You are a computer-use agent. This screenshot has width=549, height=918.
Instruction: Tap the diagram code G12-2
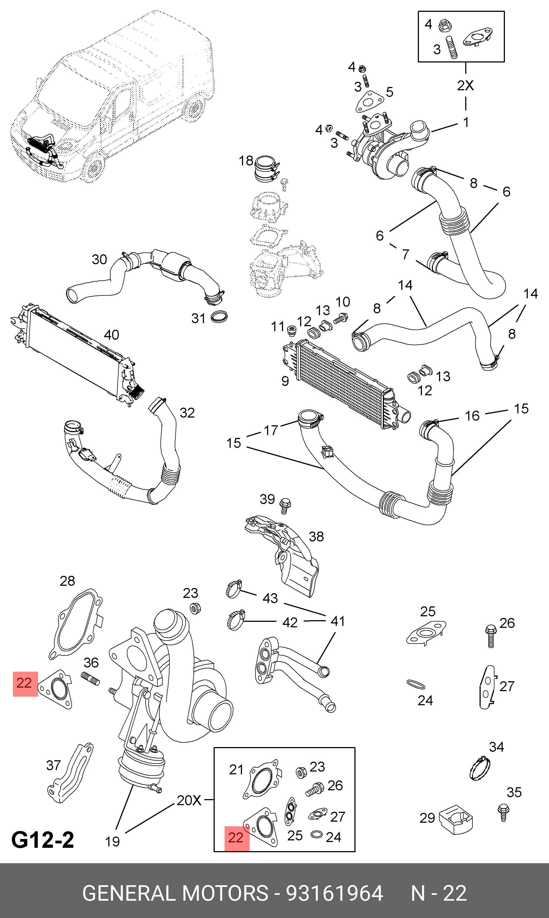click(x=42, y=839)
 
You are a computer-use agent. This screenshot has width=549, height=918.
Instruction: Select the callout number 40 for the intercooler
click(x=111, y=335)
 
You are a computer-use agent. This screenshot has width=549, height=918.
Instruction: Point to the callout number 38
click(x=316, y=536)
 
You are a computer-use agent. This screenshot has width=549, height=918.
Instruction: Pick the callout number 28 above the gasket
click(x=67, y=581)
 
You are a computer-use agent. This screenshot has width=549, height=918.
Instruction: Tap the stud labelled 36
click(x=90, y=679)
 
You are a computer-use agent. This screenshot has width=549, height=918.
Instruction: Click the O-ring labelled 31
click(x=219, y=317)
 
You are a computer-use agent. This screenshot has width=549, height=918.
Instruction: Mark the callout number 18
click(x=246, y=161)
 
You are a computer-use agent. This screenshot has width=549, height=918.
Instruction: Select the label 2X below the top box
click(x=465, y=85)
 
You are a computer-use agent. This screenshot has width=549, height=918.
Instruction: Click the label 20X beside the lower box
click(x=189, y=800)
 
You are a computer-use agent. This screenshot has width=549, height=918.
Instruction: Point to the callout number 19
click(x=112, y=841)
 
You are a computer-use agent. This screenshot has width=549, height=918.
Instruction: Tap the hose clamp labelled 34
click(x=480, y=768)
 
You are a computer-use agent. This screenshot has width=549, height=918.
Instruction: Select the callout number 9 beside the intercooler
click(x=285, y=381)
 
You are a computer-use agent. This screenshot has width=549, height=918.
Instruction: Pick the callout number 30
click(x=99, y=259)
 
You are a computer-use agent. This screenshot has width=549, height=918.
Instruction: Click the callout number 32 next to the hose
click(x=187, y=413)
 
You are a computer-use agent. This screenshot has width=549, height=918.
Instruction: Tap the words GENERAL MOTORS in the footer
click(x=175, y=893)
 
